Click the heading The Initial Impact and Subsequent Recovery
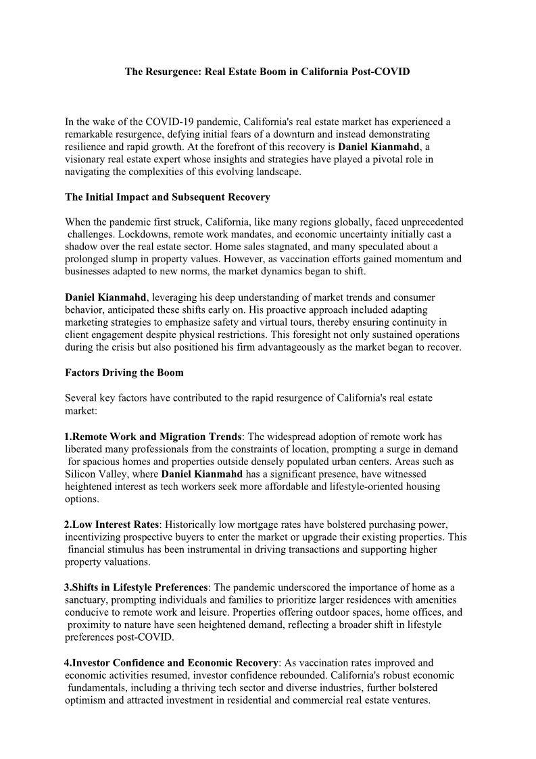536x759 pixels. (x=167, y=197)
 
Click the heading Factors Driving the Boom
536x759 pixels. (x=124, y=372)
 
